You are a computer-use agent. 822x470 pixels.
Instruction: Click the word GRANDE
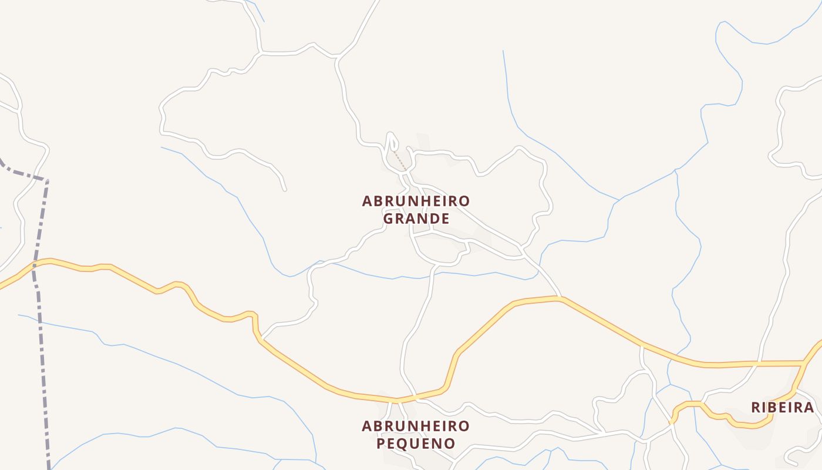point(416,219)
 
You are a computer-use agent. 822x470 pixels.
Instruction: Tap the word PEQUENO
point(416,444)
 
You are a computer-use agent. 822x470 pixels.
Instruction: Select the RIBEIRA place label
point(783,408)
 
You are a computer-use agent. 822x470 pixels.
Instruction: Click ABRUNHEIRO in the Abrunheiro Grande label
point(416,202)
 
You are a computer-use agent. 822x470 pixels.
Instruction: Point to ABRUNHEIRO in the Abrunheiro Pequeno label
point(416,426)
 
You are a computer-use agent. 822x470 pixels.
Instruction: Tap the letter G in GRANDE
point(388,219)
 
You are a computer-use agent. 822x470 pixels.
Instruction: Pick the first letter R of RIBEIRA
point(756,408)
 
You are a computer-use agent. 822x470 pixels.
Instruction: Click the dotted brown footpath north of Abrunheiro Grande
point(400,160)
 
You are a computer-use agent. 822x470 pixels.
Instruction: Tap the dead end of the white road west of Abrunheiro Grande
point(285,189)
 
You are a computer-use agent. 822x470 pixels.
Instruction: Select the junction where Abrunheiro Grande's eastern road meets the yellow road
point(561,298)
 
